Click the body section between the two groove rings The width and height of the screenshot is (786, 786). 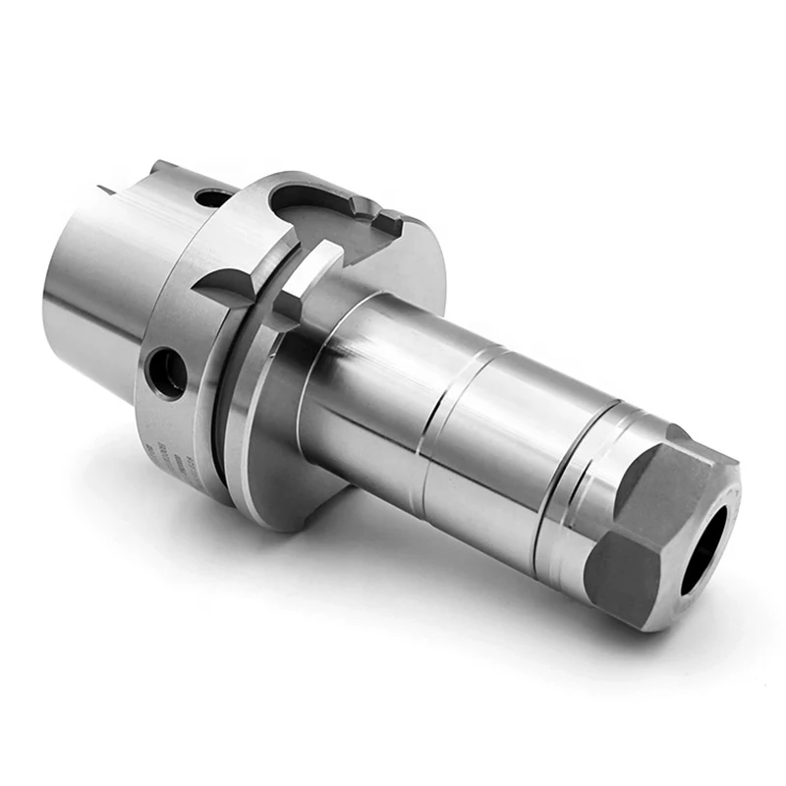pyautogui.click(x=491, y=442)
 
